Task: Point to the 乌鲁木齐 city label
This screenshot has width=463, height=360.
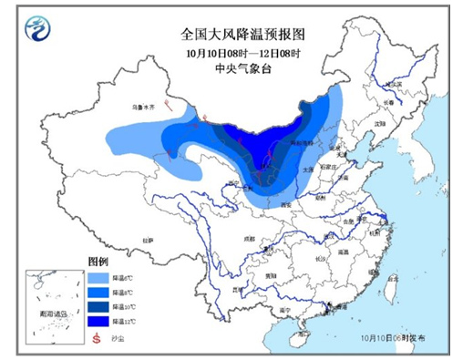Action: tap(144, 107)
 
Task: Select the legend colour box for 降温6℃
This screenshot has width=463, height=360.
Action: tap(98, 276)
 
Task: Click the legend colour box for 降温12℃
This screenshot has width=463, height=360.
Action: tap(98, 321)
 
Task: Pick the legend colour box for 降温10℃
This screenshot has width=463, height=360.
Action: tap(98, 306)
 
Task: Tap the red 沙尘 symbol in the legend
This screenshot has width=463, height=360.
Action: tap(97, 337)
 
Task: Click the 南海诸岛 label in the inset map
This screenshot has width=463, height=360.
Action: tap(54, 313)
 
